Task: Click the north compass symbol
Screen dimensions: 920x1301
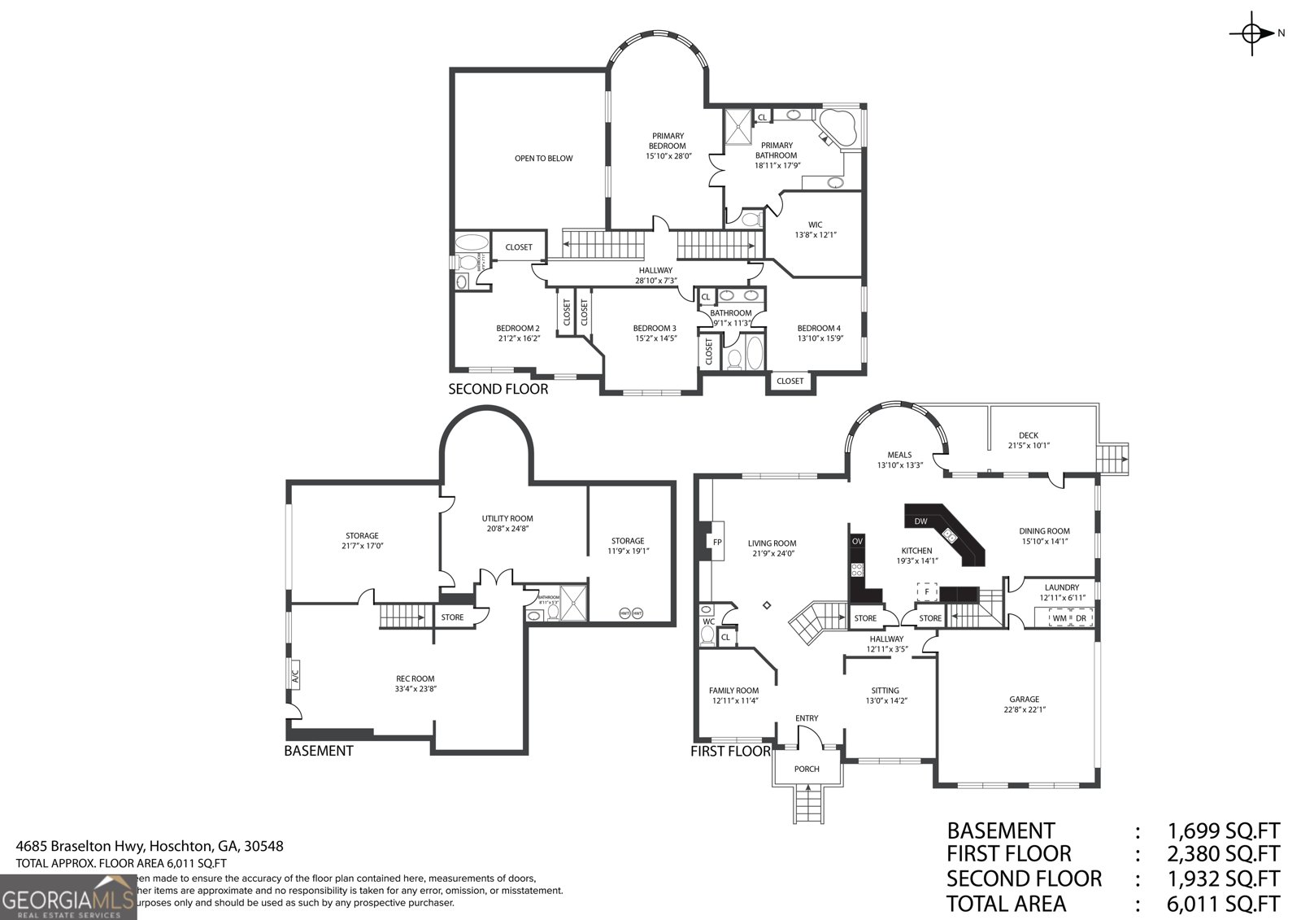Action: [1253, 33]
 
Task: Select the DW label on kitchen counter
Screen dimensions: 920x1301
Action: [920, 521]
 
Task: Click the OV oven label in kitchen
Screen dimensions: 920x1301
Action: [857, 541]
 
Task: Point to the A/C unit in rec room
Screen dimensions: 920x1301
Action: [294, 674]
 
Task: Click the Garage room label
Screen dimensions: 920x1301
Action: [1025, 699]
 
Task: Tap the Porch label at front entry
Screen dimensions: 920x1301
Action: [807, 769]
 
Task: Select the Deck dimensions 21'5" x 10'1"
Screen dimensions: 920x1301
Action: [1029, 446]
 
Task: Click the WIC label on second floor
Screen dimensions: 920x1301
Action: [815, 225]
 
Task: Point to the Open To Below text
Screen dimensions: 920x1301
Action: [543, 159]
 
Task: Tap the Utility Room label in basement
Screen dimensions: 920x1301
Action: [507, 518]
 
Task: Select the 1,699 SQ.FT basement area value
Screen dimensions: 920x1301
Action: [1223, 831]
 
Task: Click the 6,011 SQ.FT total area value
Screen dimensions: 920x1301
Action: [1223, 904]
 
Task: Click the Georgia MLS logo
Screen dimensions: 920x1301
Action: [68, 897]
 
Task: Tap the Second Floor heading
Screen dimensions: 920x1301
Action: [498, 389]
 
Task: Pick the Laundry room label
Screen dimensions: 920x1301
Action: [1061, 587]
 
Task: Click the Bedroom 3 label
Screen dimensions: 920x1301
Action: [655, 329]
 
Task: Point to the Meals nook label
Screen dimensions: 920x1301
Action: [899, 455]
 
